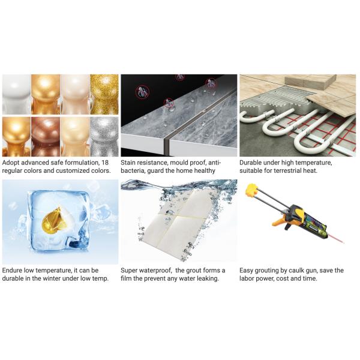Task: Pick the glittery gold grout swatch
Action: pos(104,94)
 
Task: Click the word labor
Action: pos(250,279)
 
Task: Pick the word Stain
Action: pos(130,162)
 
